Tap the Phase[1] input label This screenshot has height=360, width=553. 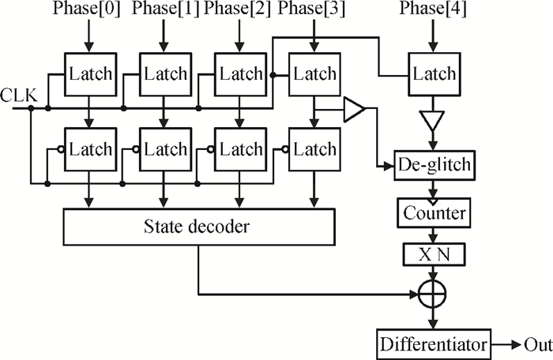click(164, 10)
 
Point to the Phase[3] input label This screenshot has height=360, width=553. click(314, 10)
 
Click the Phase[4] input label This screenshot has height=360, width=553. click(433, 10)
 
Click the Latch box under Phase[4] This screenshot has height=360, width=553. click(433, 74)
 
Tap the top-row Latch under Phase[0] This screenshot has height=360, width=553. click(90, 74)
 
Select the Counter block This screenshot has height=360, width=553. click(433, 212)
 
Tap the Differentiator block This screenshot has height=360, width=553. click(433, 345)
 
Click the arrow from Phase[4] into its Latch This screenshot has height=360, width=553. click(433, 36)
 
